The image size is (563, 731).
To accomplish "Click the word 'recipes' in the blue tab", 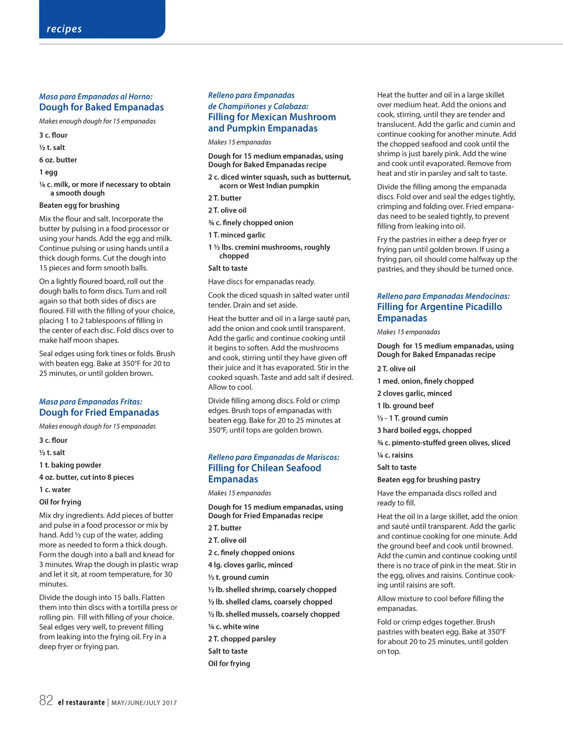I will click(x=64, y=29).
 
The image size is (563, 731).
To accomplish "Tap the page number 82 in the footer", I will click(x=46, y=700).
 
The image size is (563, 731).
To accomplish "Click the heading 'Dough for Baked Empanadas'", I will click(x=101, y=107).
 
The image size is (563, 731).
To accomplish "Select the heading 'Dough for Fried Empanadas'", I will click(x=99, y=412).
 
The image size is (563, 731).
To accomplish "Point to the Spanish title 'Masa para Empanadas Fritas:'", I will click(x=91, y=402).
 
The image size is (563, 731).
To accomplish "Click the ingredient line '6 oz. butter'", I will click(x=58, y=160).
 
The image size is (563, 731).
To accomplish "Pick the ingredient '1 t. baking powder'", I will click(x=70, y=465).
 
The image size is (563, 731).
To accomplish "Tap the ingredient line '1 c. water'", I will click(x=54, y=490).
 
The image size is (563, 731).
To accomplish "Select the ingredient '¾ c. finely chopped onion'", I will click(x=250, y=223).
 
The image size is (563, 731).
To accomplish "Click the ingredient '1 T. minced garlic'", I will click(x=236, y=235).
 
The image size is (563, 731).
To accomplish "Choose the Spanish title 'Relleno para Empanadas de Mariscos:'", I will click(x=273, y=457).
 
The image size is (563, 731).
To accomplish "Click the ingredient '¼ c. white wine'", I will click(x=233, y=627).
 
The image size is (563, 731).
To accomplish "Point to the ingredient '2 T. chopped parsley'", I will click(x=242, y=639).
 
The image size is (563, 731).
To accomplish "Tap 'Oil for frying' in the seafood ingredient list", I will click(x=229, y=663).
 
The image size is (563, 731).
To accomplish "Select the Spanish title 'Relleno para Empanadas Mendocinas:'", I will click(x=443, y=296).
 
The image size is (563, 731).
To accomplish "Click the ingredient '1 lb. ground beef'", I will click(x=405, y=406).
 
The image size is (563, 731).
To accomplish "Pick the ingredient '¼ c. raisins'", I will click(x=395, y=455).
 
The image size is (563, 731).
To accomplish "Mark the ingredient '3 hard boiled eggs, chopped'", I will click(x=424, y=430).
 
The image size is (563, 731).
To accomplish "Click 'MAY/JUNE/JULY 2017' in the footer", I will click(x=144, y=703).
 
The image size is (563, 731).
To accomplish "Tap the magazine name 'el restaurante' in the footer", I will click(x=81, y=702).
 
